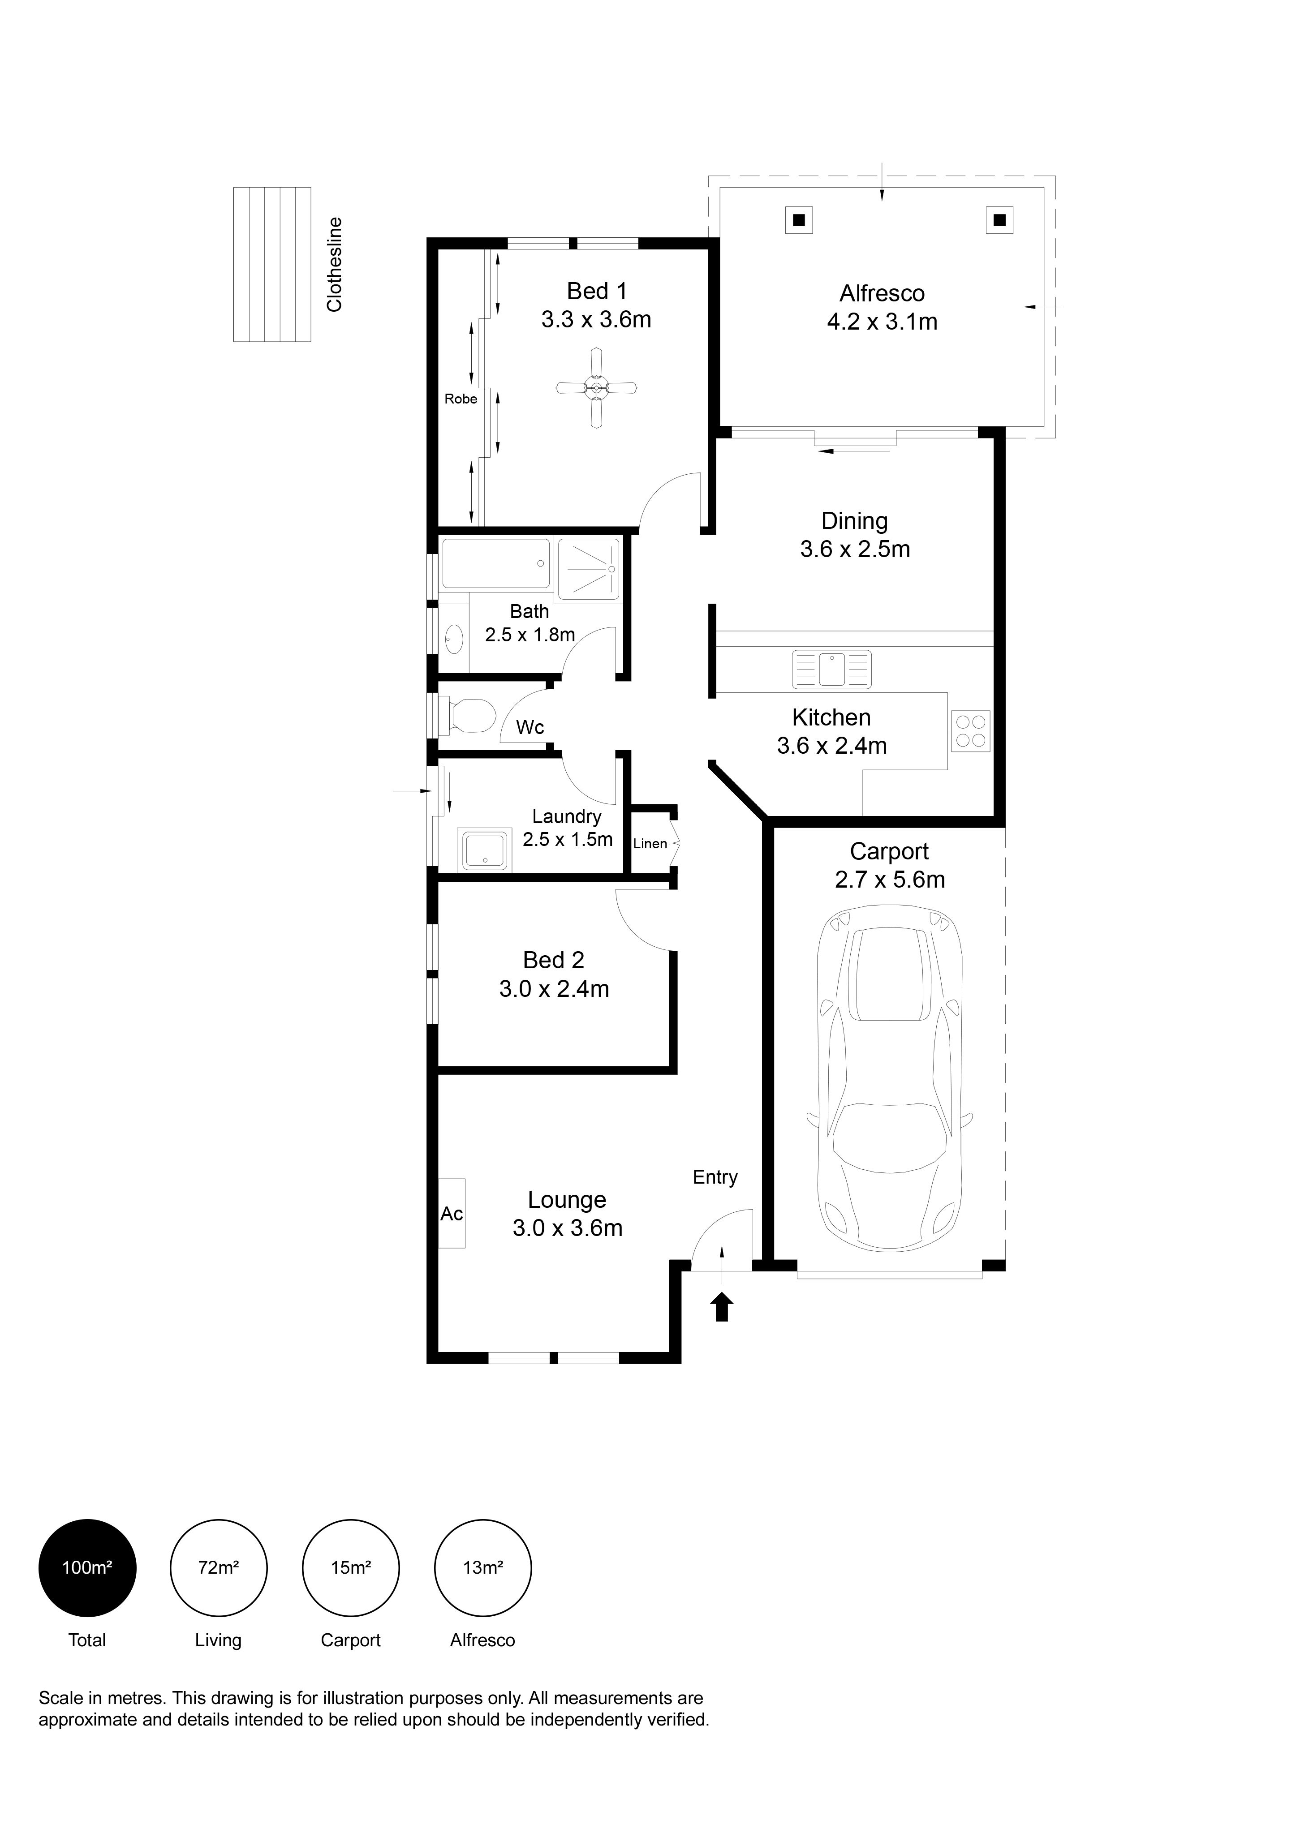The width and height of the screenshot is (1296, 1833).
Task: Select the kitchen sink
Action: [x=831, y=669]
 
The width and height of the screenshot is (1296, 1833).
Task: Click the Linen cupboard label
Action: [x=650, y=844]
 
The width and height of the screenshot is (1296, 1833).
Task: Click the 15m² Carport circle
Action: [x=351, y=1568]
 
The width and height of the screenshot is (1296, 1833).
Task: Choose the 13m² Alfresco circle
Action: [x=482, y=1568]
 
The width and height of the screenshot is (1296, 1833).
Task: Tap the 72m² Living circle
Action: [x=219, y=1568]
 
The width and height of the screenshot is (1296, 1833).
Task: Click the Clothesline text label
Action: [x=335, y=264]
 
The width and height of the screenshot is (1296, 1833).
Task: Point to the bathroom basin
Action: [x=453, y=639]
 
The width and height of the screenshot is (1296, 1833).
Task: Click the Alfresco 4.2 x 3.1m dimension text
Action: [x=883, y=322]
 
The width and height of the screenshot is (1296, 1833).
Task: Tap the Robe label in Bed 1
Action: [x=461, y=399]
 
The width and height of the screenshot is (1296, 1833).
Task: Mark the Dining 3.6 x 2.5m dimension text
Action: [x=855, y=549]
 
